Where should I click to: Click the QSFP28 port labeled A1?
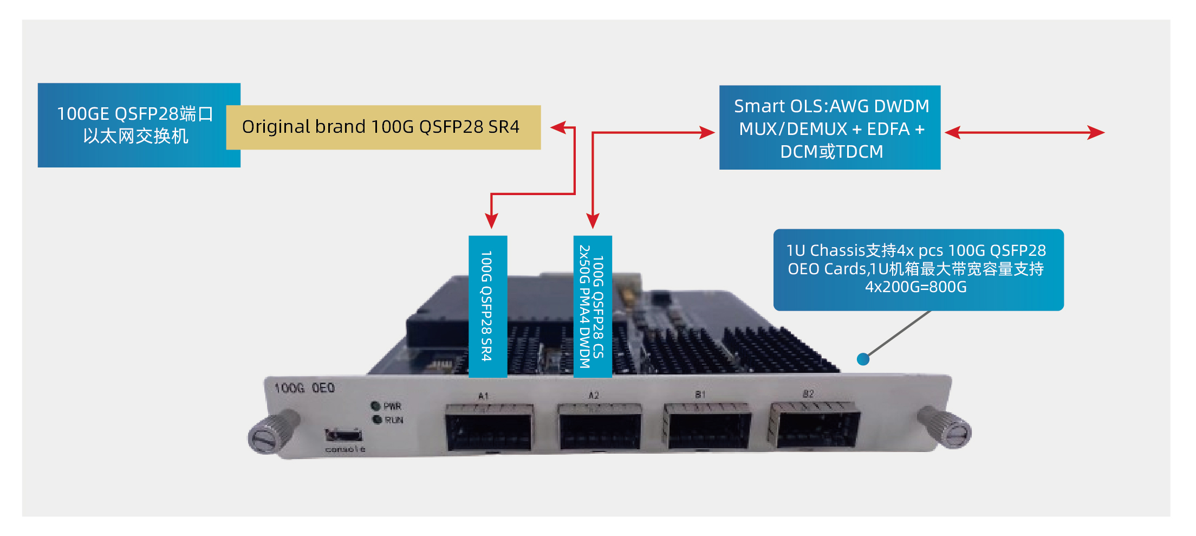(489, 428)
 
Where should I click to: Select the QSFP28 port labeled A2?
(600, 428)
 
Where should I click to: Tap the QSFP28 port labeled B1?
(707, 427)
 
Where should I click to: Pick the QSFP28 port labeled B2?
(815, 425)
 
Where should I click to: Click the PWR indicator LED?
(375, 406)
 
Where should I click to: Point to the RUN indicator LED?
(377, 419)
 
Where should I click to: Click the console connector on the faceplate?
(343, 435)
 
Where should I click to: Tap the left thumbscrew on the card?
(271, 432)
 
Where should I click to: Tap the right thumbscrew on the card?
(945, 429)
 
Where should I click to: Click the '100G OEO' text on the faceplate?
(304, 388)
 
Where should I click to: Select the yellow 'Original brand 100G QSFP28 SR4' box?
(383, 127)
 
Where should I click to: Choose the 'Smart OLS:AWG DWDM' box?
(829, 128)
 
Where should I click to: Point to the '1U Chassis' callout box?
(918, 269)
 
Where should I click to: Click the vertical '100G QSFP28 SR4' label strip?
(487, 306)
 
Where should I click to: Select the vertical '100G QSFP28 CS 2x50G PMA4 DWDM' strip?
(593, 306)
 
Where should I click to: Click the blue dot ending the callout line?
(863, 359)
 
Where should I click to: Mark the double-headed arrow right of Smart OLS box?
(1024, 133)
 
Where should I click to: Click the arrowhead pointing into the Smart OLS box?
(707, 133)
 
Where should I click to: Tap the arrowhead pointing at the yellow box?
(558, 128)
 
